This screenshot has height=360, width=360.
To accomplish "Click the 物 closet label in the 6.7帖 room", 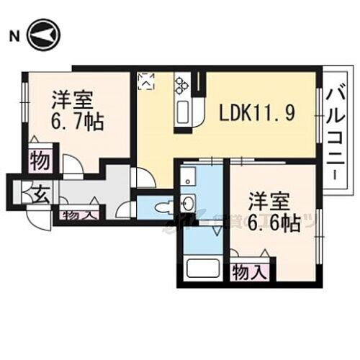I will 40,160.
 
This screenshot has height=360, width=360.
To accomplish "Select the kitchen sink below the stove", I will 181,112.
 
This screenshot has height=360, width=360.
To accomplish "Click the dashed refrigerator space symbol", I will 147,81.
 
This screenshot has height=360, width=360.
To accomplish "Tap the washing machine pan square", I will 189,176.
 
